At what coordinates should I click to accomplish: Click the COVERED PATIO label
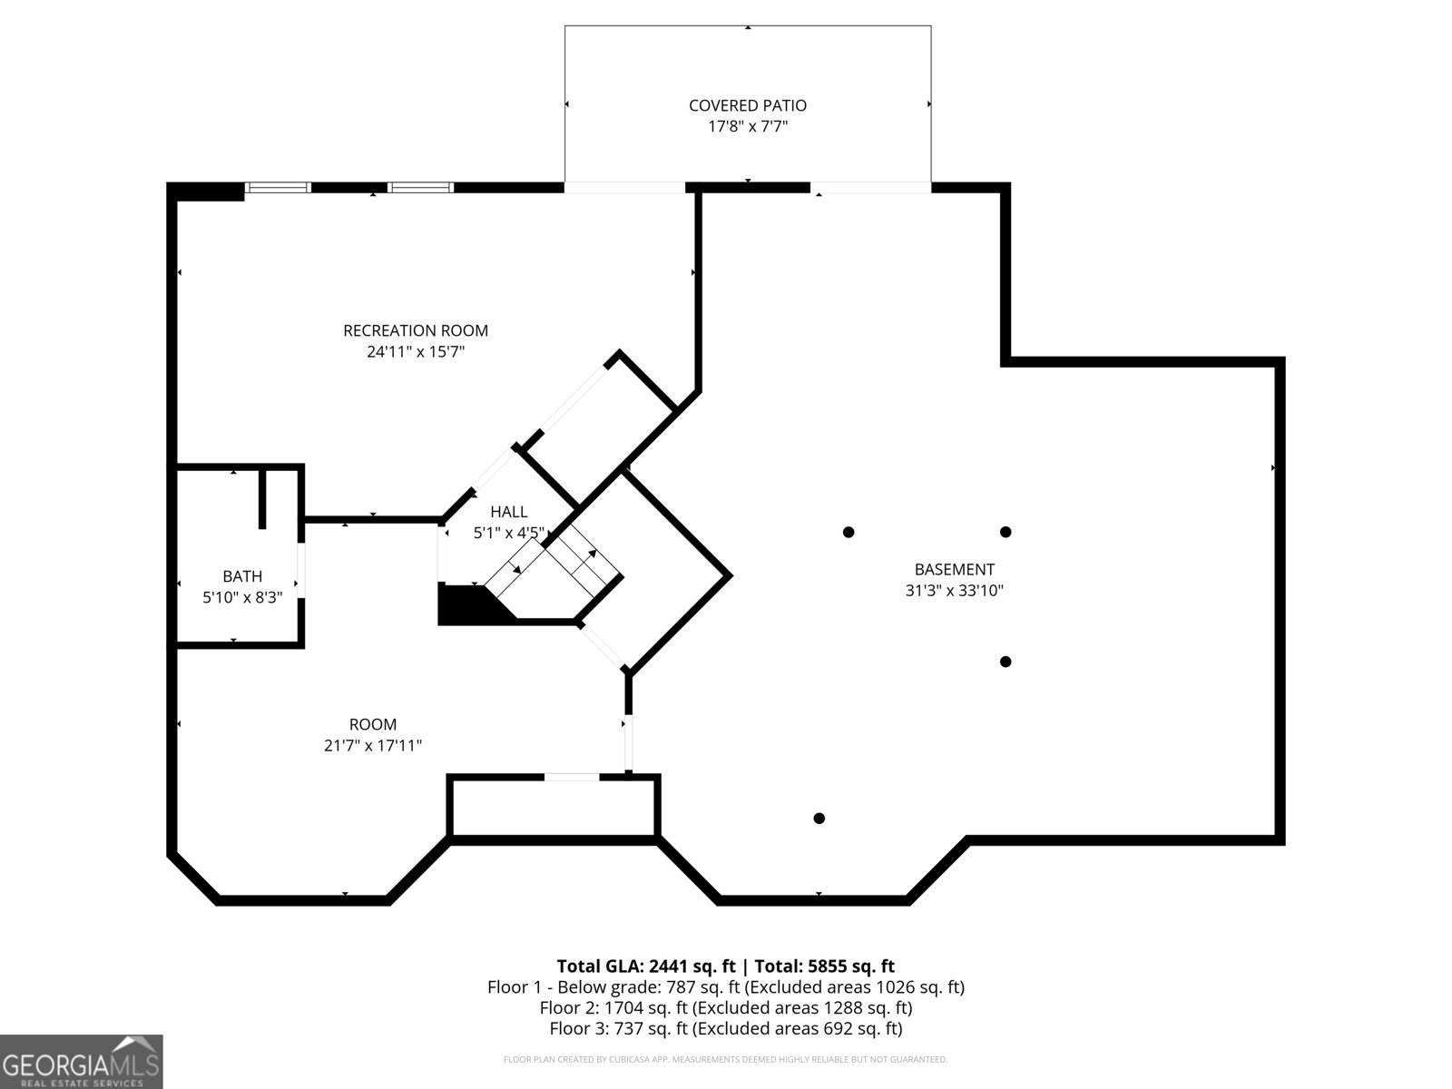click(x=747, y=105)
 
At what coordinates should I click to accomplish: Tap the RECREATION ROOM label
click(x=416, y=330)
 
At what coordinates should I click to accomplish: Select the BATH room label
click(x=242, y=576)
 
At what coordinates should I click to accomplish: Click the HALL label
click(x=508, y=512)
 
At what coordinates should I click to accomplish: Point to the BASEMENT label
click(x=954, y=569)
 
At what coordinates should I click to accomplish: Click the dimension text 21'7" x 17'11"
click(x=373, y=745)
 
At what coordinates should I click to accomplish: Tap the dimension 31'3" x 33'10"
click(x=954, y=590)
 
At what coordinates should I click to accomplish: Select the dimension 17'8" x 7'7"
click(x=747, y=126)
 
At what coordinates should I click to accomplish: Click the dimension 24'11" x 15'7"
click(x=416, y=351)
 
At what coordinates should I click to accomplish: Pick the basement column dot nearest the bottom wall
click(x=819, y=818)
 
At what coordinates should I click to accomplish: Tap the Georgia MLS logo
click(x=81, y=1061)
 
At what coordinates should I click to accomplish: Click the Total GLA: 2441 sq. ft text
click(x=646, y=966)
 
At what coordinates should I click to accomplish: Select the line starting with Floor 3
click(x=725, y=1028)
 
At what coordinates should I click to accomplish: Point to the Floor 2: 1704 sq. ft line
click(x=725, y=1007)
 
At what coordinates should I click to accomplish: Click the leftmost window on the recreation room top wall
click(x=279, y=188)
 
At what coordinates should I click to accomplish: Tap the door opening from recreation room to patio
click(x=624, y=188)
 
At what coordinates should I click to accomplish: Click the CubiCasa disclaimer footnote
click(x=725, y=1059)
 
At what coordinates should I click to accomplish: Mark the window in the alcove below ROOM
click(x=571, y=777)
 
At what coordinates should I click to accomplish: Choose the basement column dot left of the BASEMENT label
click(x=848, y=532)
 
